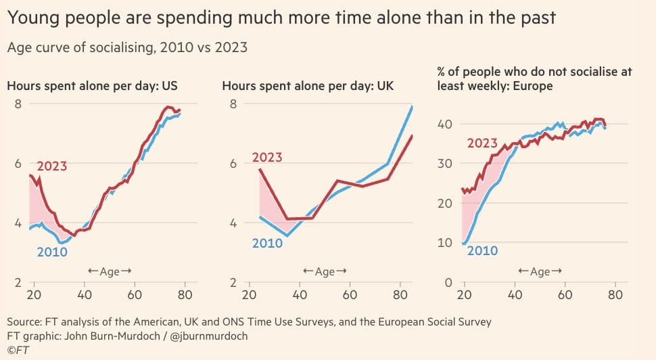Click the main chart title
tap(281, 18)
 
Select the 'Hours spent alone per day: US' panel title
tap(97, 86)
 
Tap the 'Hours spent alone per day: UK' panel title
tap(308, 86)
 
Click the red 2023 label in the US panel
tap(52, 166)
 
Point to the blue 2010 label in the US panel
tap(52, 252)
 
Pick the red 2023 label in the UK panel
tap(267, 158)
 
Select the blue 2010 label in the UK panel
tap(267, 243)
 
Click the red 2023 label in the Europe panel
tap(482, 143)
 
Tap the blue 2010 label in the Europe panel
tap(482, 251)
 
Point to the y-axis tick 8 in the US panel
tap(18, 104)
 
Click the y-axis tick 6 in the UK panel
tap(232, 163)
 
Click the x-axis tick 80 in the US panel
tap(185, 295)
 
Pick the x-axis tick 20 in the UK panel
tap(249, 295)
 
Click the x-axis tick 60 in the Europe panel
tap(565, 295)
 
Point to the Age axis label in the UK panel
tap(325, 271)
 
